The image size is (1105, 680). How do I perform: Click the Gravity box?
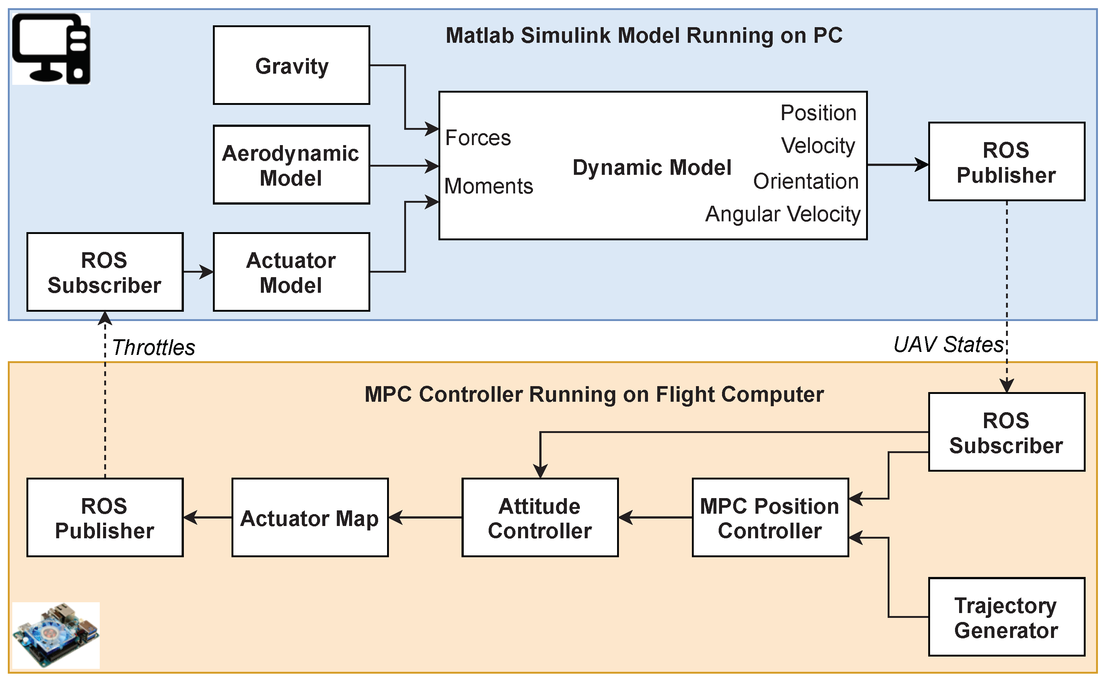pos(291,65)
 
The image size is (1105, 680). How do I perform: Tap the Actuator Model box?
pos(291,272)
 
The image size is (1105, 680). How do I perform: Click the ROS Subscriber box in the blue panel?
pos(105,272)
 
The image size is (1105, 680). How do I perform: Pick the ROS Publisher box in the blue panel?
pos(1006,161)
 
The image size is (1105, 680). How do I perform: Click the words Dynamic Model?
pos(651,167)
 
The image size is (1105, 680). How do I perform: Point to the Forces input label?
pos(478,138)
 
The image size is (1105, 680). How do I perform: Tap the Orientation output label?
pos(805,181)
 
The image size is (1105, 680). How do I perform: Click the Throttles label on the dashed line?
pos(153,347)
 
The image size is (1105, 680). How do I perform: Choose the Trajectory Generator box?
pos(1006,617)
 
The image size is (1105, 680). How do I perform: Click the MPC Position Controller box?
pos(770,518)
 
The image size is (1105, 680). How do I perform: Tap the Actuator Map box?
pos(310,518)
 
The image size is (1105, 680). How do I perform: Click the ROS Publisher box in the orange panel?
pos(105,518)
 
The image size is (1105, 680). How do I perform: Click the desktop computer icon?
pos(51,49)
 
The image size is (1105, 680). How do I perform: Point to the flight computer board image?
pos(55,635)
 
